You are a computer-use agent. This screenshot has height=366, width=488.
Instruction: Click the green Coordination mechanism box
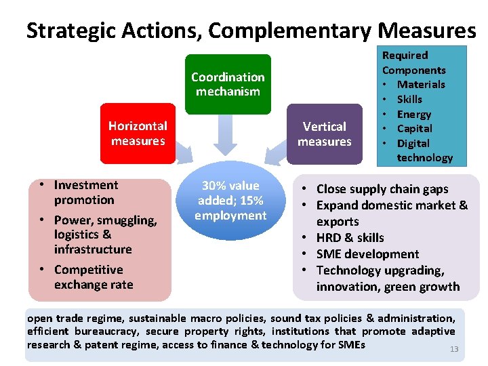tap(228, 84)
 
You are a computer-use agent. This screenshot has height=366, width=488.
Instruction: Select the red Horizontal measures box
tap(138, 134)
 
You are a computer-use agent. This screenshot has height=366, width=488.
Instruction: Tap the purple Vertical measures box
tap(324, 134)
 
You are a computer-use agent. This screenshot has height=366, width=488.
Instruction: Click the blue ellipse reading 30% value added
tap(230, 201)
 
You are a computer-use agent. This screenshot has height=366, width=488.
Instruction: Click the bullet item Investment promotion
tap(85, 192)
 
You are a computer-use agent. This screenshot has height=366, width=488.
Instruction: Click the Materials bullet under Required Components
tap(421, 84)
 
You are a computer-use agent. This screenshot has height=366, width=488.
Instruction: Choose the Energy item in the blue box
tap(413, 114)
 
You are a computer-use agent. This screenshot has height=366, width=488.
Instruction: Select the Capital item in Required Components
tap(414, 128)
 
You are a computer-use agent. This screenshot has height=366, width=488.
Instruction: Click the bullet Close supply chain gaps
tap(382, 189)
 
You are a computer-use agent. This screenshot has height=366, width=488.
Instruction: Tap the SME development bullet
tap(367, 254)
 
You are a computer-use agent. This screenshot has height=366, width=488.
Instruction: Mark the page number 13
tap(454, 349)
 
